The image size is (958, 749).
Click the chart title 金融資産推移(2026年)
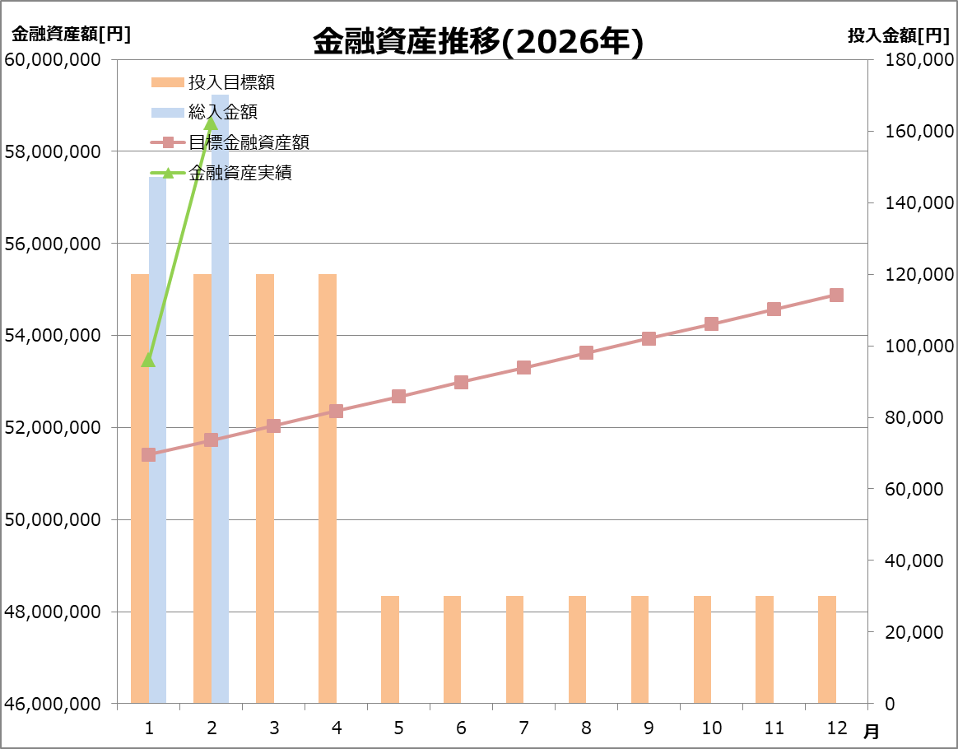[477, 42]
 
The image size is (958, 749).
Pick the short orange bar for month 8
[578, 649]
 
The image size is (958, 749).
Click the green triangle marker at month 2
[211, 123]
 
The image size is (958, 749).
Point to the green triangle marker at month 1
[148, 360]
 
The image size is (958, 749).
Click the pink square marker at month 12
[836, 295]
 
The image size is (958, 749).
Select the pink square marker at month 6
[461, 382]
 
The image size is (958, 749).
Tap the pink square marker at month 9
[649, 338]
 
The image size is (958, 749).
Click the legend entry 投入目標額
[230, 82]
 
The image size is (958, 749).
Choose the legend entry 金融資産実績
[239, 173]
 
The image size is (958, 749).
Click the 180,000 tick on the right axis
[919, 60]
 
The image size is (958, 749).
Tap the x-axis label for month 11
[774, 728]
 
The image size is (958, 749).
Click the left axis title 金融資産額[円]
[71, 35]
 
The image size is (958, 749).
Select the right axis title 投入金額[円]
[898, 35]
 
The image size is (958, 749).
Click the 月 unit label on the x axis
[871, 731]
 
